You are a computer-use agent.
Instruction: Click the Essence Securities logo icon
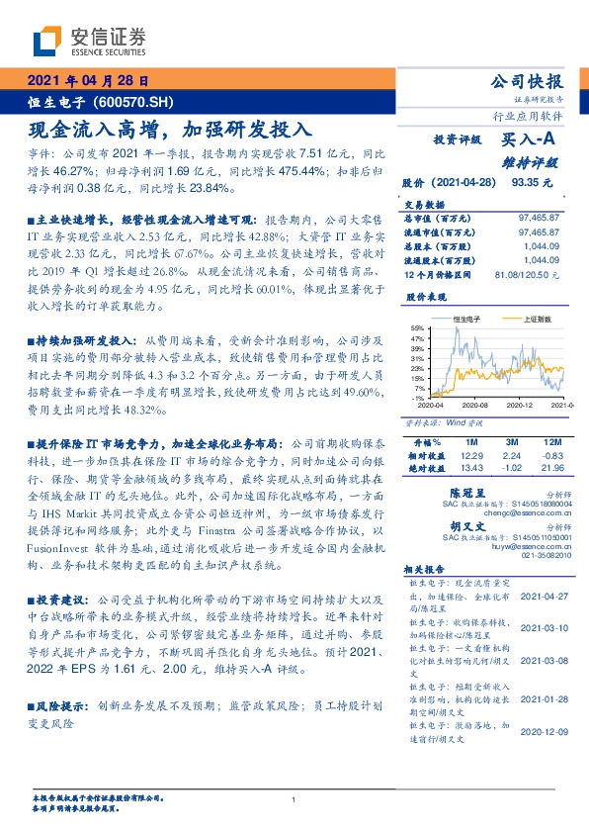pyautogui.click(x=46, y=41)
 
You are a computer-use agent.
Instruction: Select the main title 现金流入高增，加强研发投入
pyautogui.click(x=170, y=128)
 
